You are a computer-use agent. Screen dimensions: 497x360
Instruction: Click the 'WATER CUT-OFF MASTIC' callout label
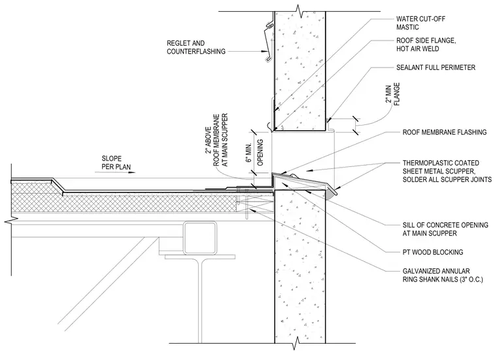click(420, 23)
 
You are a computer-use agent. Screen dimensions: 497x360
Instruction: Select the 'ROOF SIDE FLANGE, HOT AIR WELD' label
click(426, 45)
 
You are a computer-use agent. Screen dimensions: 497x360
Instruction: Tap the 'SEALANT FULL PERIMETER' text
click(436, 67)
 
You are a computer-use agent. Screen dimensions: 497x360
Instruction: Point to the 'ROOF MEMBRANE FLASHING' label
click(445, 132)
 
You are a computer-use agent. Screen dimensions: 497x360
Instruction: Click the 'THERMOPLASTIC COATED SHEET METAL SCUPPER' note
click(447, 171)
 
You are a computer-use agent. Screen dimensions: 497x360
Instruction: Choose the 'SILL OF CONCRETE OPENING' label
click(445, 229)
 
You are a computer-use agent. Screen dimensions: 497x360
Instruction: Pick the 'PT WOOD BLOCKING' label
click(433, 252)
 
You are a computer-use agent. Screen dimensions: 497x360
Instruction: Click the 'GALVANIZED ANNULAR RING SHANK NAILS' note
click(443, 276)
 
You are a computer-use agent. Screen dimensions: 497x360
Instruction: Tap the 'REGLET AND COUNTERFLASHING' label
click(196, 47)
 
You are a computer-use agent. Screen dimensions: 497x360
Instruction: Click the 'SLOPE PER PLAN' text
click(116, 163)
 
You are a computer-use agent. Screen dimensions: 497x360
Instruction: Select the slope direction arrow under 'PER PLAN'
click(115, 173)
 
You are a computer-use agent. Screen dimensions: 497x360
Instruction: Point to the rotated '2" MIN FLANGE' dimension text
click(392, 94)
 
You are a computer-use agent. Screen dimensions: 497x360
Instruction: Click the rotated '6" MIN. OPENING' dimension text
click(256, 153)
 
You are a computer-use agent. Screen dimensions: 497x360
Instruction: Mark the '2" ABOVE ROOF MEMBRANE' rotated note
click(216, 140)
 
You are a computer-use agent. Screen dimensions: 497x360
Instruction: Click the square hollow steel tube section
click(200, 237)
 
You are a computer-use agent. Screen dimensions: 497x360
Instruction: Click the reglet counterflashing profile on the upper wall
click(268, 41)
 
